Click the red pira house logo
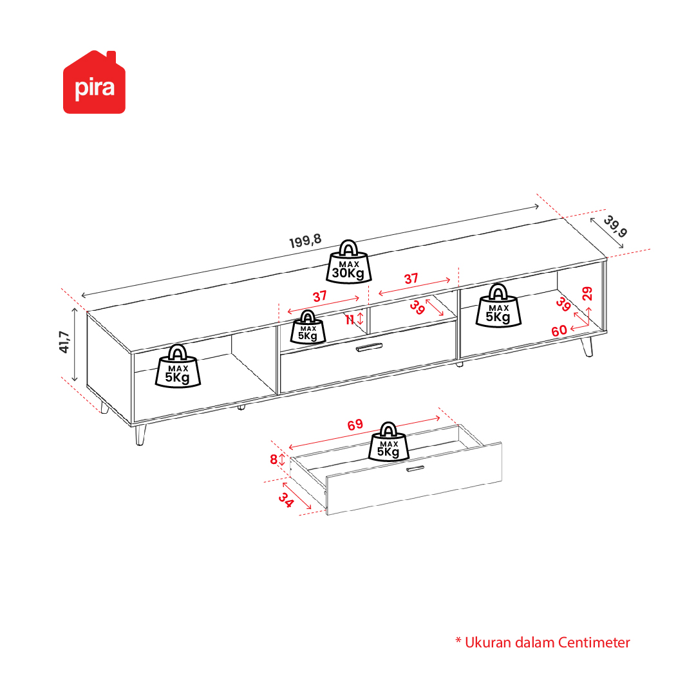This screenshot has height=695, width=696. [x=94, y=82]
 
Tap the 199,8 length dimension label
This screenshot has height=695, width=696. [x=305, y=241]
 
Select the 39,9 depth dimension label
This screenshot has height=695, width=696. [x=616, y=226]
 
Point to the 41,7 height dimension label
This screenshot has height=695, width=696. [x=64, y=342]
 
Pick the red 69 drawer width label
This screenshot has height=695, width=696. [x=355, y=425]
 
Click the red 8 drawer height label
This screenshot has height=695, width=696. [x=274, y=459]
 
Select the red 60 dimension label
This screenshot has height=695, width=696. [x=560, y=331]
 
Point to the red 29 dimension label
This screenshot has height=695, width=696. [x=587, y=293]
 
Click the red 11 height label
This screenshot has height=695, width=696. [x=350, y=319]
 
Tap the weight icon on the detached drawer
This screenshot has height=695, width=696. [x=388, y=441]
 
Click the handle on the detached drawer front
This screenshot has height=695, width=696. [x=415, y=468]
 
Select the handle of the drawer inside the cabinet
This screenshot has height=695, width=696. [x=369, y=347]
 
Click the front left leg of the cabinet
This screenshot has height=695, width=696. [x=140, y=434]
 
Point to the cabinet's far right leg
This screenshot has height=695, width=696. [x=587, y=346]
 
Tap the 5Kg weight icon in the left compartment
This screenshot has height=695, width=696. [x=178, y=366]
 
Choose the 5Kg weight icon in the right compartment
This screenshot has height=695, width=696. [x=498, y=306]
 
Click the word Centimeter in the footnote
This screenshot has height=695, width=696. [x=594, y=643]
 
